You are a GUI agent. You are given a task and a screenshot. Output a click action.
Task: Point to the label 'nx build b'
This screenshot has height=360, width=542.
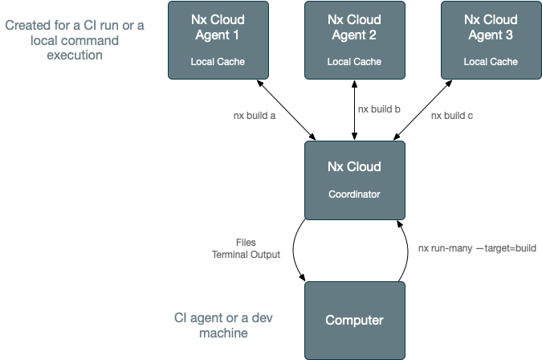(x=379, y=108)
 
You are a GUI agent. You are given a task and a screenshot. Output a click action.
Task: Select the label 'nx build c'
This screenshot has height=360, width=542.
(x=452, y=116)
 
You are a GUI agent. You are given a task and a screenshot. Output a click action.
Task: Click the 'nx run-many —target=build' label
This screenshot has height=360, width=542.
(x=477, y=248)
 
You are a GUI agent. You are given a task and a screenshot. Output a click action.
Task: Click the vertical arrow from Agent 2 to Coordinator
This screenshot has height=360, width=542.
(x=353, y=109)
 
